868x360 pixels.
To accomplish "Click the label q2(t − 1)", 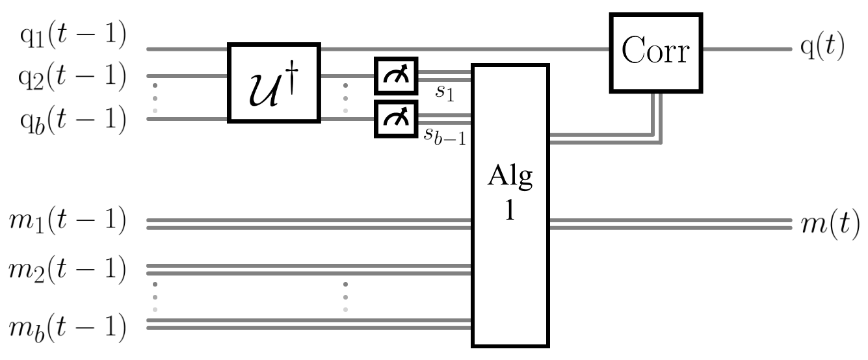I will (72, 77).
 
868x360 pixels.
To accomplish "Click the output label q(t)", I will (822, 49).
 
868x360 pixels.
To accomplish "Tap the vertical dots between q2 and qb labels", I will (155, 97).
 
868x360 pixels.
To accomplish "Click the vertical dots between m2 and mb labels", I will (155, 296).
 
